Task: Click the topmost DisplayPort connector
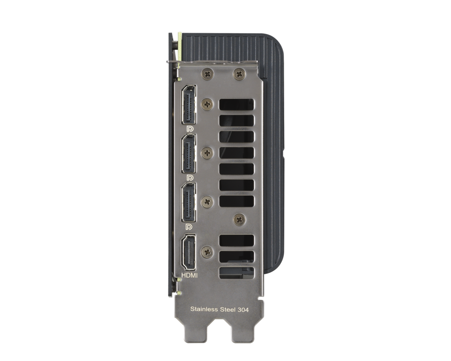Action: click(189, 105)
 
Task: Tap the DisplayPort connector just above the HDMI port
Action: click(189, 202)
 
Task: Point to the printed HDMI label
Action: click(189, 275)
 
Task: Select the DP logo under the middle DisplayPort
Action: click(189, 178)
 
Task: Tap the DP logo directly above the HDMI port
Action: click(189, 226)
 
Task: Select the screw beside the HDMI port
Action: click(207, 252)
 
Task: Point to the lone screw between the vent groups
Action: click(239, 219)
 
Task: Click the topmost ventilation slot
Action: click(236, 104)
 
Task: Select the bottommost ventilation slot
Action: click(236, 273)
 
